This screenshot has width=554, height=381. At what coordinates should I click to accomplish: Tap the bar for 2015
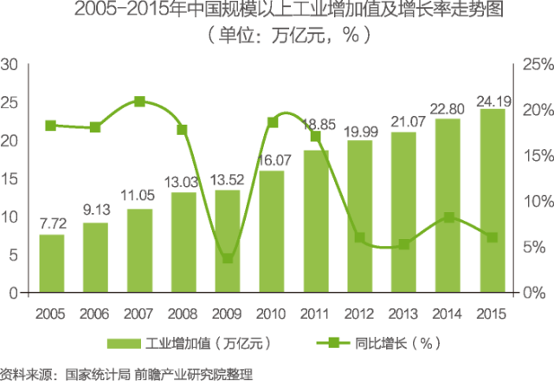492,201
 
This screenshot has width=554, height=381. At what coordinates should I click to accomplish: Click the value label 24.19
492,100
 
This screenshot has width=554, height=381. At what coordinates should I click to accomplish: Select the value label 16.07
272,161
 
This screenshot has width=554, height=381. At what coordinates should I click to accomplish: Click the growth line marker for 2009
228,258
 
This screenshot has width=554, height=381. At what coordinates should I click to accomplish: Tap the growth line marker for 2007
139,102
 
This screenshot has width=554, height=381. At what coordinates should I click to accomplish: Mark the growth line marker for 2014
448,217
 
